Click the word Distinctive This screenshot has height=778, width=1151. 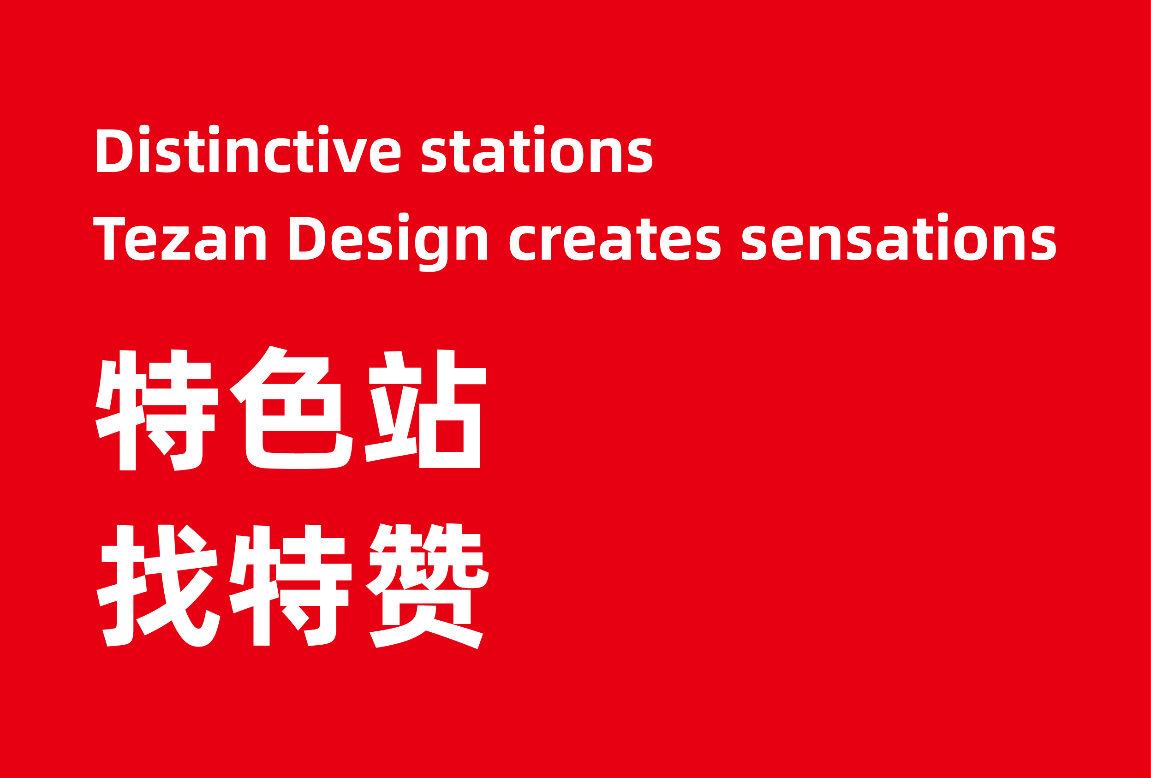tap(248, 148)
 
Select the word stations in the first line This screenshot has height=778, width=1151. tap(537, 148)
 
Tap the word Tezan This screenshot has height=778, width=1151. tap(179, 238)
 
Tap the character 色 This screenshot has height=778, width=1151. tap(291, 408)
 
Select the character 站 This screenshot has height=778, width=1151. tap(425, 409)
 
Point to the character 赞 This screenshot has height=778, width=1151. tap(427, 585)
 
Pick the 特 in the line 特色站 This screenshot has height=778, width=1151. tap(156, 410)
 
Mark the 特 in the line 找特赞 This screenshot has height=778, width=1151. tap(290, 585)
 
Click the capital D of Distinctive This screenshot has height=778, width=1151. tap(114, 150)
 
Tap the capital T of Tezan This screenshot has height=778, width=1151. tap(109, 238)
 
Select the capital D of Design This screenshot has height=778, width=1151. tap(308, 238)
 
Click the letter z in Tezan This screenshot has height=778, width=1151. tap(175, 243)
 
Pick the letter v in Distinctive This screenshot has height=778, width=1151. tap(350, 155)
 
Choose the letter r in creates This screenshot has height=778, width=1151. tap(551, 243)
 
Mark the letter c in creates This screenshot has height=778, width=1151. tap(523, 243)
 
